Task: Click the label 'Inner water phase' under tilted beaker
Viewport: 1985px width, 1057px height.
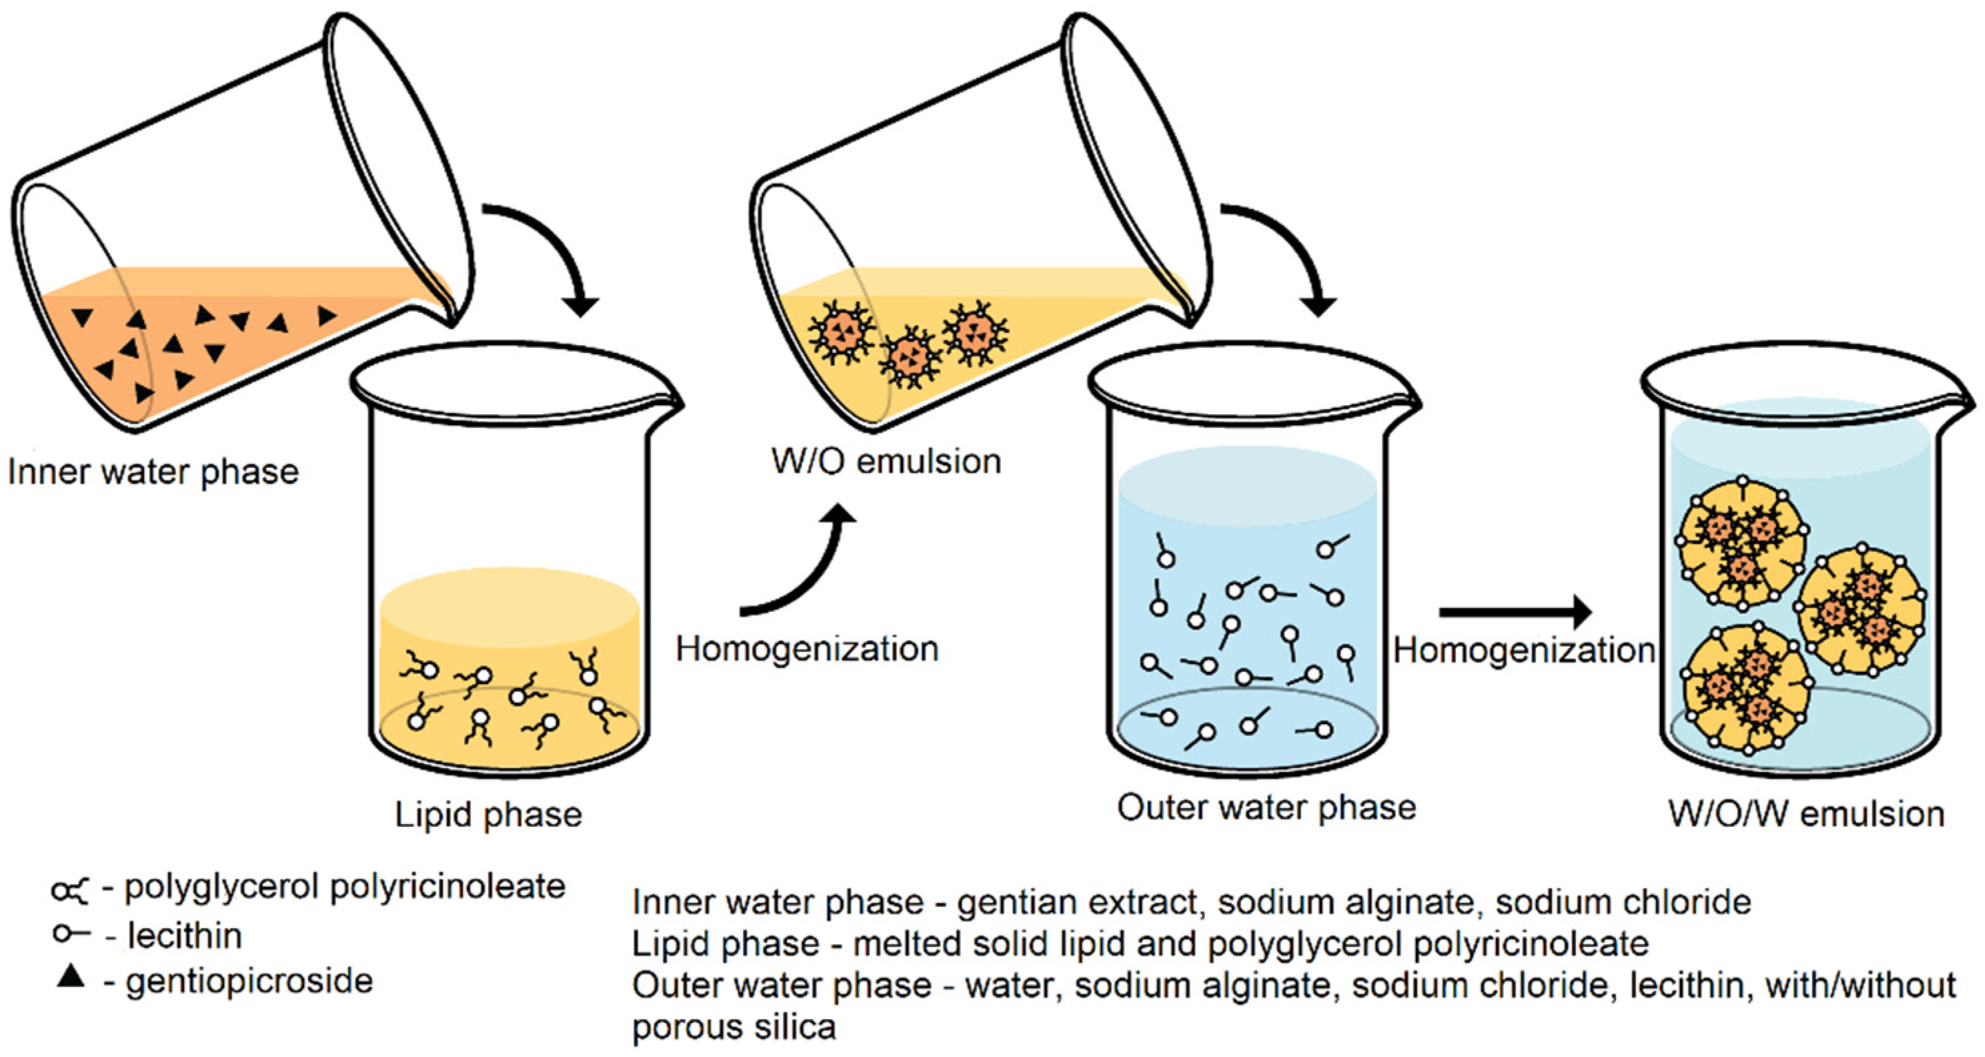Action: (153, 472)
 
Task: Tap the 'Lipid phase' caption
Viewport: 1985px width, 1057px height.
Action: (488, 814)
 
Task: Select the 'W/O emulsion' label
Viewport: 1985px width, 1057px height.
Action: (886, 460)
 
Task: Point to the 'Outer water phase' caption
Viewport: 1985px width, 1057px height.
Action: (1266, 807)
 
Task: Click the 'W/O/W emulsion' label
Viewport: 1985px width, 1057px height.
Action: (1806, 813)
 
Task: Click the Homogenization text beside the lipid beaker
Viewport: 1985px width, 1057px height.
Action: (807, 649)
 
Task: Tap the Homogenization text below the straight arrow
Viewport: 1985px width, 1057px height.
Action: (1524, 650)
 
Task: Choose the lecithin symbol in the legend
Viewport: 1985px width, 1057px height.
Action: (71, 934)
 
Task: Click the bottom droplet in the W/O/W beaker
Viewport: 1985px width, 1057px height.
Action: (1747, 689)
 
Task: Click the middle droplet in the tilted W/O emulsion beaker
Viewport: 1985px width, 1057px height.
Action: (910, 355)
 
